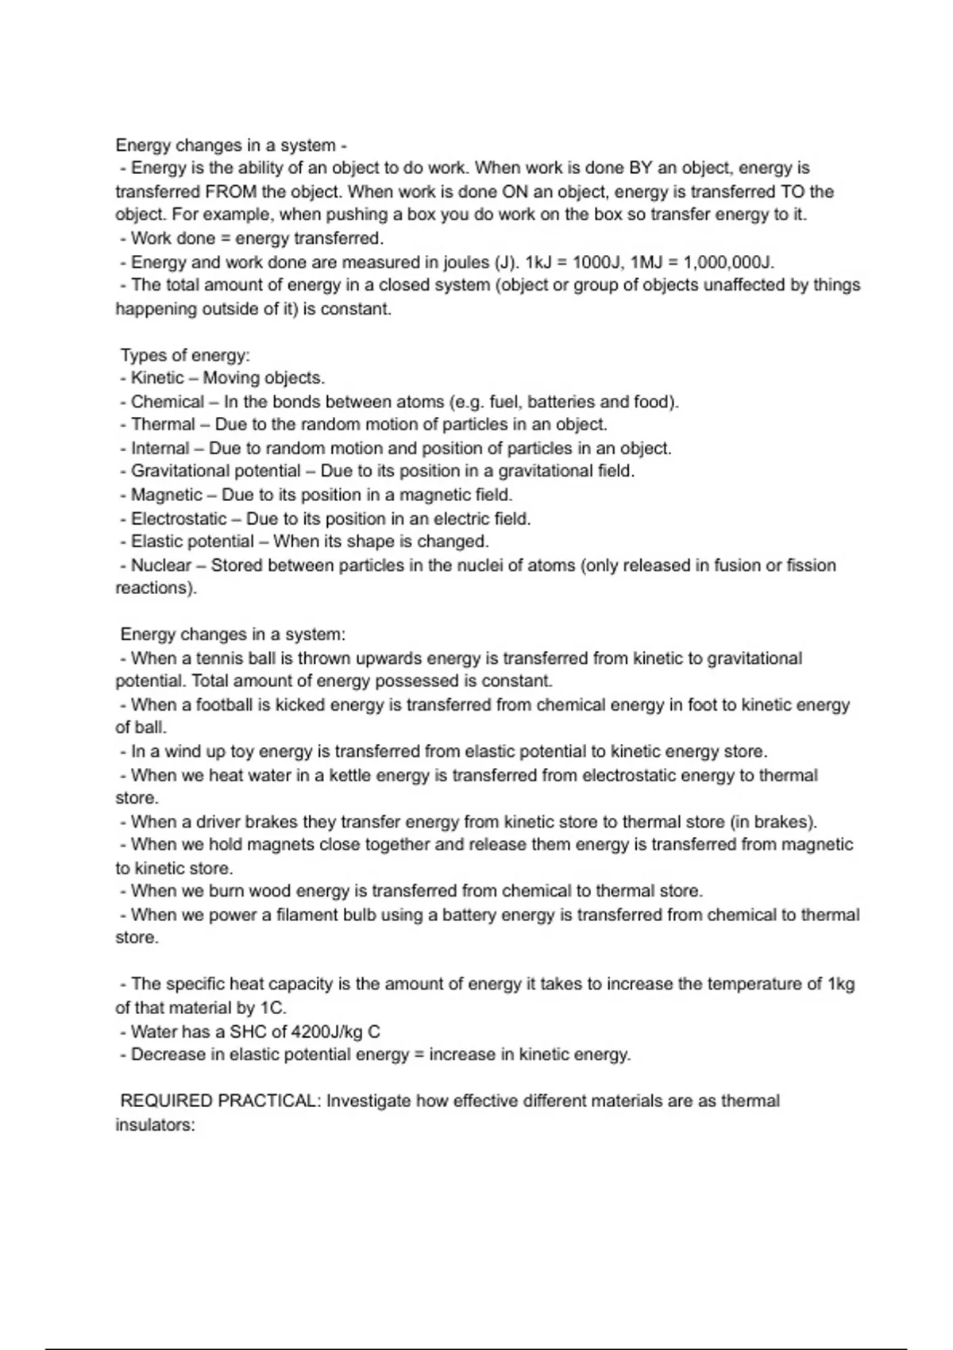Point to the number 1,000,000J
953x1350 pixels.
(x=727, y=262)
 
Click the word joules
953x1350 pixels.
(x=463, y=262)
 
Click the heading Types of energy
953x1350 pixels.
(x=185, y=355)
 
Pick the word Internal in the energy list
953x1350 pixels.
(x=160, y=449)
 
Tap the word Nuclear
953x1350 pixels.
(x=160, y=565)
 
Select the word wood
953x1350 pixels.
(x=271, y=891)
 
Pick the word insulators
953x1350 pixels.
(x=154, y=1125)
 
